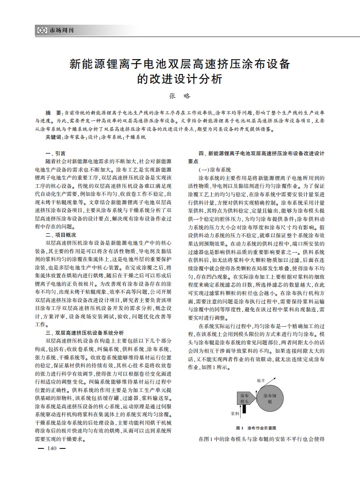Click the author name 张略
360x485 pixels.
click(180, 96)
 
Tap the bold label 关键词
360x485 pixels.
click(54, 138)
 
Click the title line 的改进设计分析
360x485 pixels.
click(180, 79)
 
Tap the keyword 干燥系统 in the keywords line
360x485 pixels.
click(135, 138)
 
